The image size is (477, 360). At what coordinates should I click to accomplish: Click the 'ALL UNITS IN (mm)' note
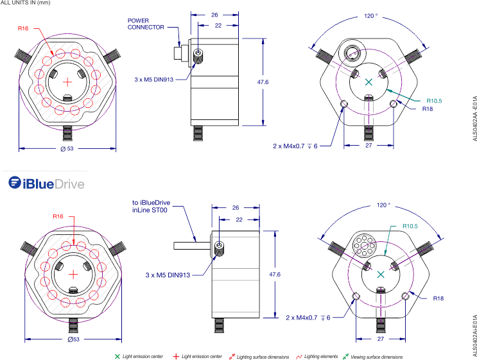(25, 3)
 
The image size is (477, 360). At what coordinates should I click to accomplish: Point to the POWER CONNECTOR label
(146, 24)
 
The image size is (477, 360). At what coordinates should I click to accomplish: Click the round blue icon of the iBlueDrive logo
(15, 183)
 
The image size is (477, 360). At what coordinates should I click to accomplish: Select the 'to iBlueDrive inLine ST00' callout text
(152, 206)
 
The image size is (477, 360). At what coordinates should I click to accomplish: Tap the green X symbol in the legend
(117, 356)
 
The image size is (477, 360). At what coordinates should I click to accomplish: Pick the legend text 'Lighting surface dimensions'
(262, 356)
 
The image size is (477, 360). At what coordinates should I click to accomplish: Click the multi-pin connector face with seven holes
(363, 244)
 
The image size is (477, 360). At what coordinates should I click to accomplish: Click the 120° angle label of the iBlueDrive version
(383, 205)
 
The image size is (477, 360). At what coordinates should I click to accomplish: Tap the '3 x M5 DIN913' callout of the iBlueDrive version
(168, 275)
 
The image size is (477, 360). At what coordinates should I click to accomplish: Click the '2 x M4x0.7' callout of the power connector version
(295, 146)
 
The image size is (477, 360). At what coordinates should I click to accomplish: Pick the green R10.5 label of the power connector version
(435, 101)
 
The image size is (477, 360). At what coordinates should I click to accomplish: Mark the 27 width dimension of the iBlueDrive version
(381, 338)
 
